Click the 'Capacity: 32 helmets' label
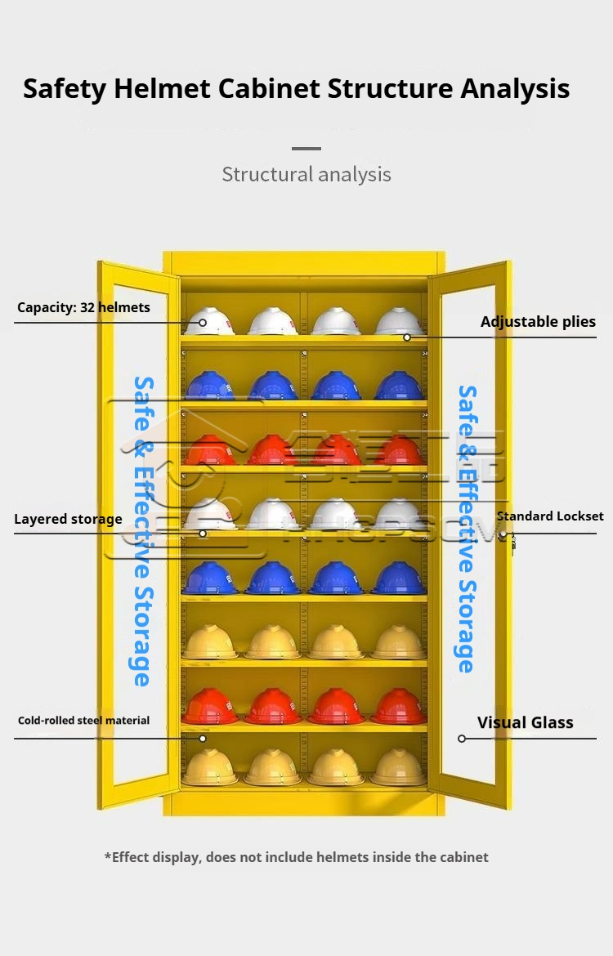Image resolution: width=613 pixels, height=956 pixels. tap(83, 307)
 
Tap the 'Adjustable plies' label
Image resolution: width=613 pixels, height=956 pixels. tap(538, 321)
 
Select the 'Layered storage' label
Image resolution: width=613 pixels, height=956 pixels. tap(68, 519)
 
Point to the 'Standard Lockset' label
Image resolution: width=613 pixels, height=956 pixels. tap(550, 516)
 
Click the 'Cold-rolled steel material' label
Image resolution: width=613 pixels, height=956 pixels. tap(83, 720)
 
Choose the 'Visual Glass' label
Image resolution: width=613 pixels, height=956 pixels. tap(525, 722)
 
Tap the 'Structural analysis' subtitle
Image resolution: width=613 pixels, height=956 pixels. tap(306, 174)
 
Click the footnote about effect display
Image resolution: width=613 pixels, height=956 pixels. tap(296, 857)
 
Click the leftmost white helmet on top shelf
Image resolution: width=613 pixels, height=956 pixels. tap(208, 321)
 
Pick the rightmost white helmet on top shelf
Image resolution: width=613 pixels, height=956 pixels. tap(399, 321)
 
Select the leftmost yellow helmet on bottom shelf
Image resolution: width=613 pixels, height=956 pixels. tap(209, 767)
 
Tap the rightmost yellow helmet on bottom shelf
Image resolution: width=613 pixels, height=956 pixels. tap(399, 767)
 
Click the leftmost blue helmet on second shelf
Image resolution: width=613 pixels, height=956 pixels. tap(209, 386)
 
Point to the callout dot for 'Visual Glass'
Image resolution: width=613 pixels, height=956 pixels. tap(462, 739)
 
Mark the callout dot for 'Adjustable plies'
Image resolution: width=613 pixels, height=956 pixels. tap(406, 337)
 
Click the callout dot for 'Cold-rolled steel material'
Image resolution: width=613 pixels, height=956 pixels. tap(203, 739)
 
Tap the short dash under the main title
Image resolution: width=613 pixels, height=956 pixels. tap(306, 149)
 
